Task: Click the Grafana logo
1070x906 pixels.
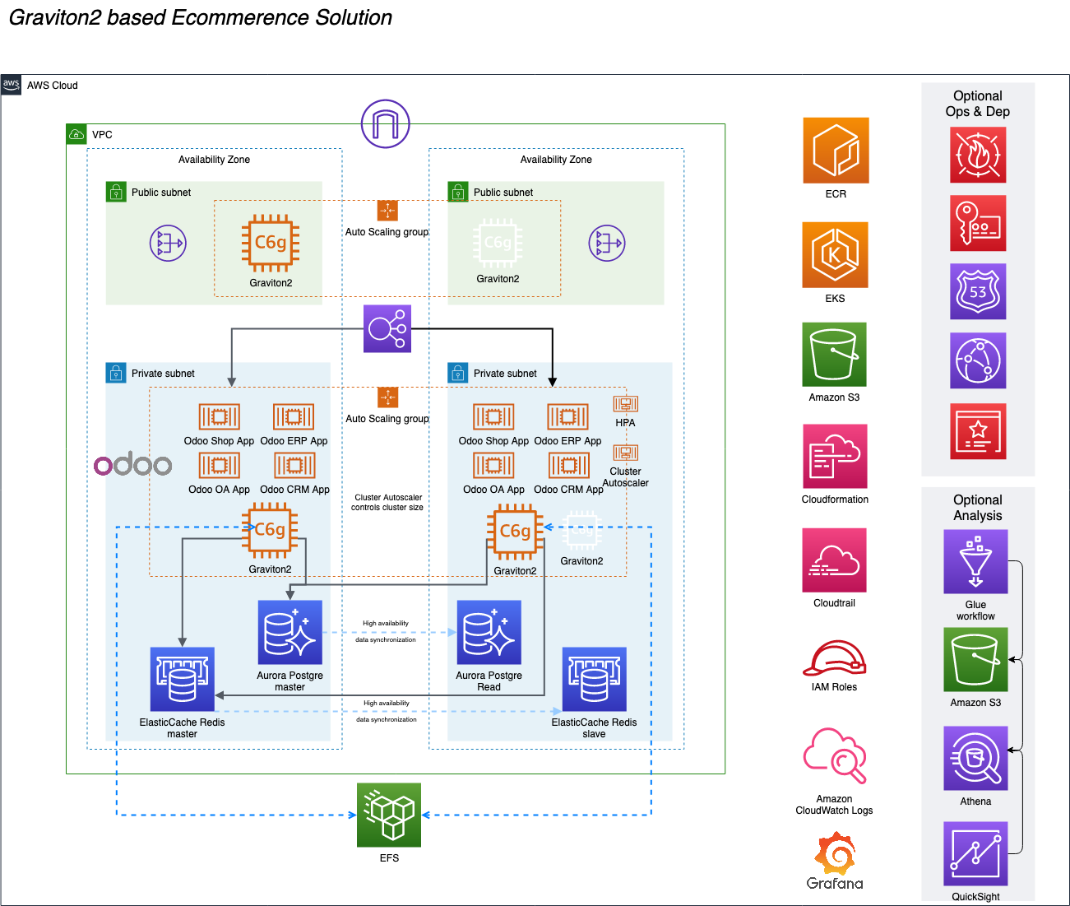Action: (x=835, y=860)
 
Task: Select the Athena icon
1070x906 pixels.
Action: (x=975, y=758)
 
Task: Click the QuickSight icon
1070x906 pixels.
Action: (x=975, y=853)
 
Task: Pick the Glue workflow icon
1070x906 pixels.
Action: (x=975, y=561)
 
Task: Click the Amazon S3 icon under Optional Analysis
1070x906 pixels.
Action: (x=975, y=660)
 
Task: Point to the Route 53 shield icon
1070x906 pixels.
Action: (x=978, y=291)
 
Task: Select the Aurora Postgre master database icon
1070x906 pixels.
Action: (x=290, y=632)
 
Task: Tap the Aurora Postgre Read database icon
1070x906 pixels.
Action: (x=489, y=632)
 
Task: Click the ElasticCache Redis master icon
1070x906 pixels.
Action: (x=182, y=679)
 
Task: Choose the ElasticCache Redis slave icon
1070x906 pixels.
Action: (x=594, y=679)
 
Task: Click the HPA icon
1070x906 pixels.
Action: (x=625, y=404)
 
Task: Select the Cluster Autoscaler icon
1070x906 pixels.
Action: (x=625, y=453)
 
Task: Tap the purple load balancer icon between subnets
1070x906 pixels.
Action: (x=387, y=329)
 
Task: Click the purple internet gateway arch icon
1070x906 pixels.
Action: (x=385, y=123)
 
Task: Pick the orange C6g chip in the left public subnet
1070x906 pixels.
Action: (x=271, y=243)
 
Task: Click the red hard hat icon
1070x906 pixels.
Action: (x=834, y=658)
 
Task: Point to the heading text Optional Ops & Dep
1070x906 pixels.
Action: (x=977, y=104)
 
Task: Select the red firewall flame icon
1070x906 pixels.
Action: (x=978, y=155)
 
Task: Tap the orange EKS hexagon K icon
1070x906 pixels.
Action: (x=835, y=254)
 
